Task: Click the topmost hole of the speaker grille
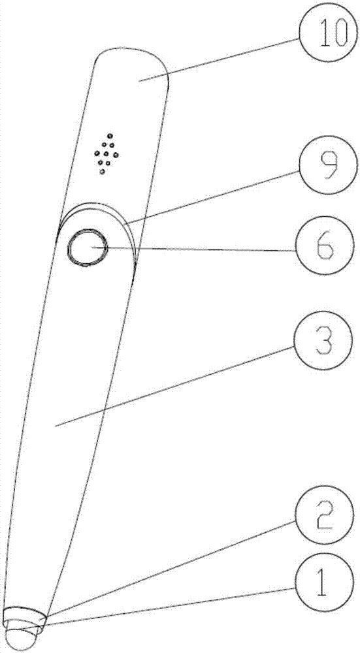(x=110, y=136)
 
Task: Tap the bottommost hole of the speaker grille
(x=102, y=172)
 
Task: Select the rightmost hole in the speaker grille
(x=116, y=155)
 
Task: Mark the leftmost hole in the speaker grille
(x=96, y=153)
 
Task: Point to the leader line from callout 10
(x=220, y=59)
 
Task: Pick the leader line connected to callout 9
(x=212, y=197)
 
